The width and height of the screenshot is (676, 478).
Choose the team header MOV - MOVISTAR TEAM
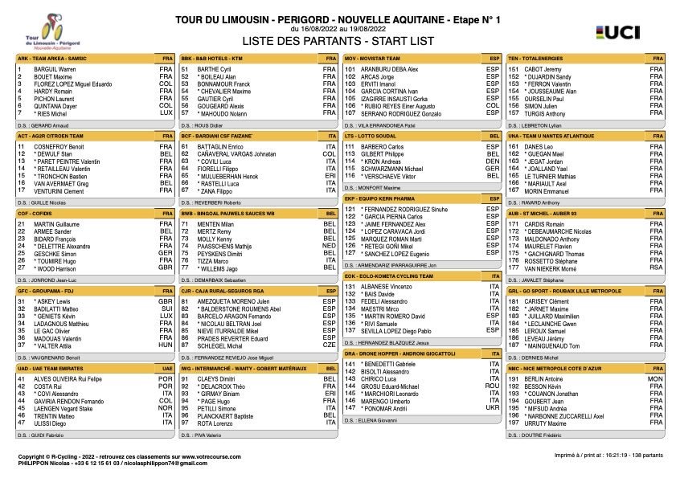(x=382, y=59)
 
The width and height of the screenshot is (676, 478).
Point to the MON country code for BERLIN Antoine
(x=656, y=378)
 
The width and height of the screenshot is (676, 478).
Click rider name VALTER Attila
(x=56, y=345)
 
